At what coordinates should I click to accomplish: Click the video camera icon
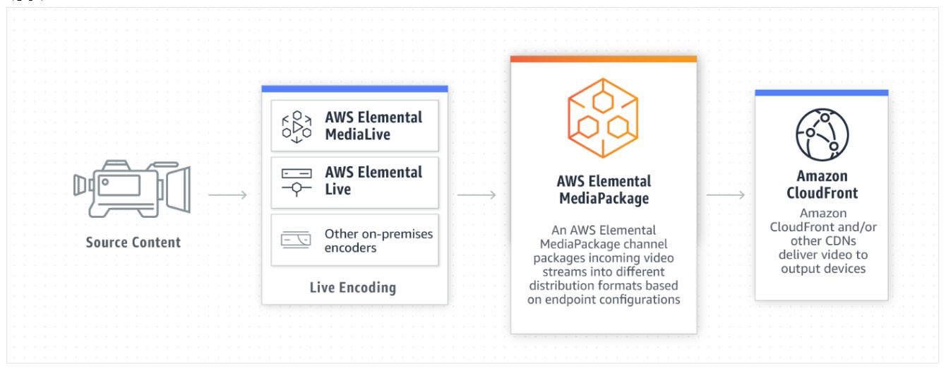(x=133, y=192)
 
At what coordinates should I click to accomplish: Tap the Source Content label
(x=133, y=242)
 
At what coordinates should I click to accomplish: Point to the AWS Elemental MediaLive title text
(x=373, y=125)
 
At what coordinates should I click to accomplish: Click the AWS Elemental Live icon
(x=297, y=182)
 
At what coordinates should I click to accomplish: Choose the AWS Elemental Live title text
(x=373, y=181)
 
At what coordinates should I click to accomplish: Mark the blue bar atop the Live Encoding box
(x=354, y=89)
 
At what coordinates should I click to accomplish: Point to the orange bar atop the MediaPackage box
(x=604, y=59)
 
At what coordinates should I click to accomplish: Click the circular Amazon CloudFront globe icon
(x=821, y=135)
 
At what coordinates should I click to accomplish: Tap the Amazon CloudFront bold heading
(x=821, y=185)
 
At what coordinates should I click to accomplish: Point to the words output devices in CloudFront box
(x=821, y=269)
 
